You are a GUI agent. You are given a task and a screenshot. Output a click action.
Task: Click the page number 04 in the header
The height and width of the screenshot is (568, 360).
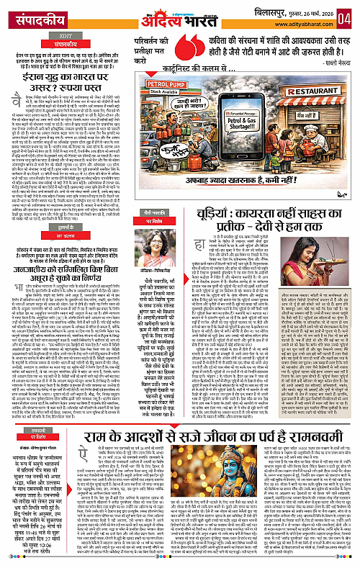coord(347,14)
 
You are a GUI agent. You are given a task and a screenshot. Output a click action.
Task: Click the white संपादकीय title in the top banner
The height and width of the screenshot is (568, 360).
coord(30,14)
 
